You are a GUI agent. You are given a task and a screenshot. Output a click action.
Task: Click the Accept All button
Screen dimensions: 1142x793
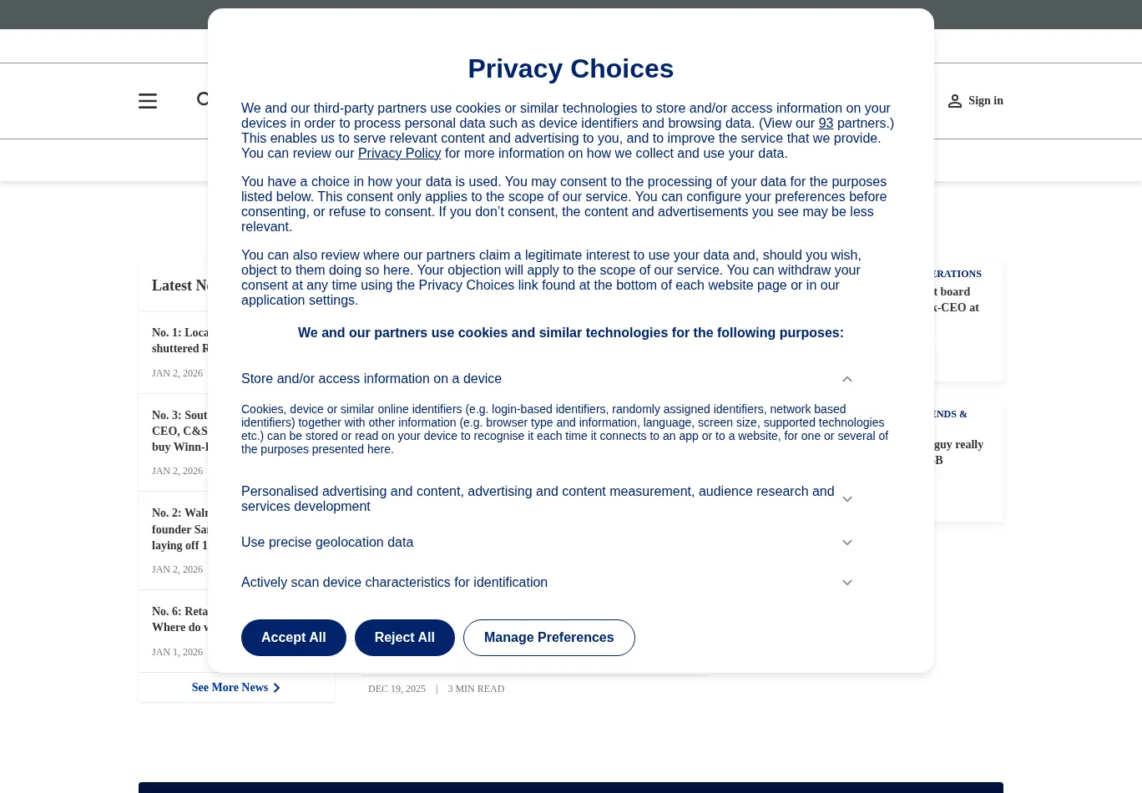pos(293,638)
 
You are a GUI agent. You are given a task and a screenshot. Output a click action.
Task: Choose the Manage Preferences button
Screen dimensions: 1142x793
pos(548,638)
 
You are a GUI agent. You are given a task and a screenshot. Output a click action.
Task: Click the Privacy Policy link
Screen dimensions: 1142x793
pos(399,154)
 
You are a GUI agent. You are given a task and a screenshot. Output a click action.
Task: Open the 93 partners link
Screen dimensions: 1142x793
pos(826,124)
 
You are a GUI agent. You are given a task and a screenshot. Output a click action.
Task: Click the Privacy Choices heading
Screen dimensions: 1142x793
pos(570,68)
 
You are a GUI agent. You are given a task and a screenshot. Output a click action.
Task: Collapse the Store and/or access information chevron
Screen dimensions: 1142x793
pos(847,379)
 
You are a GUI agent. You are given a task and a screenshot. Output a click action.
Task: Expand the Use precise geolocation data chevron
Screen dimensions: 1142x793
pos(847,543)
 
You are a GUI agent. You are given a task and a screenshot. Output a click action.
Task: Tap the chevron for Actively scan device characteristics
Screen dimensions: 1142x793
pos(847,583)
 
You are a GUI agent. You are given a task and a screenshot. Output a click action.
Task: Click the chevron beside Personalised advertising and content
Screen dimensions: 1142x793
pos(847,499)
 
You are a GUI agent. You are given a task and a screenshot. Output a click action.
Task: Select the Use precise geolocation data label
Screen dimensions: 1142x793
pos(327,543)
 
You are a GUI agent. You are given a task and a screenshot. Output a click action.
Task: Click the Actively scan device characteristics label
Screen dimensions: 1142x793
pos(394,583)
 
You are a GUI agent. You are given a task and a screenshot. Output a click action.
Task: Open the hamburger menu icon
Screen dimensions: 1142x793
pos(148,101)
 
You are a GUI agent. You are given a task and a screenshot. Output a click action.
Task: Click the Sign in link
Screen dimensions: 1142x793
pos(985,101)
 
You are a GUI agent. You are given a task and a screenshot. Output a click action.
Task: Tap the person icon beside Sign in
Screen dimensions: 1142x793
pos(955,101)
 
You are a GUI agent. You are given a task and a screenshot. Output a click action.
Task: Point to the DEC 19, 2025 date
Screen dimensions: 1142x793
pos(397,689)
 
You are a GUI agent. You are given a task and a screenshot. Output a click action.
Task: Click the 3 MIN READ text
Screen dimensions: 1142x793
pos(476,689)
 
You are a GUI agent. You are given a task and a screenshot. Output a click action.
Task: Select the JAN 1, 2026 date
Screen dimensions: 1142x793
pos(177,653)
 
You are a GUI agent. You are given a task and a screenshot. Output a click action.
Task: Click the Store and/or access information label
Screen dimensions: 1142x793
pos(371,379)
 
